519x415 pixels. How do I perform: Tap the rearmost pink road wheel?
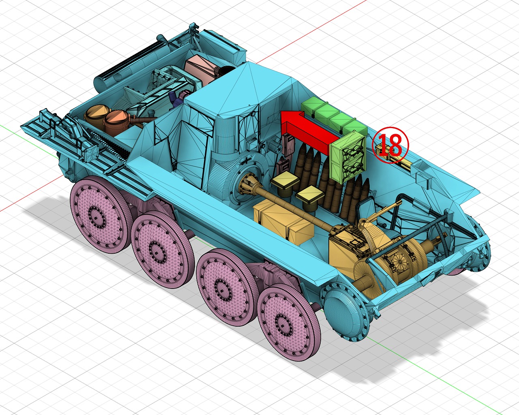pos(100,215)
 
